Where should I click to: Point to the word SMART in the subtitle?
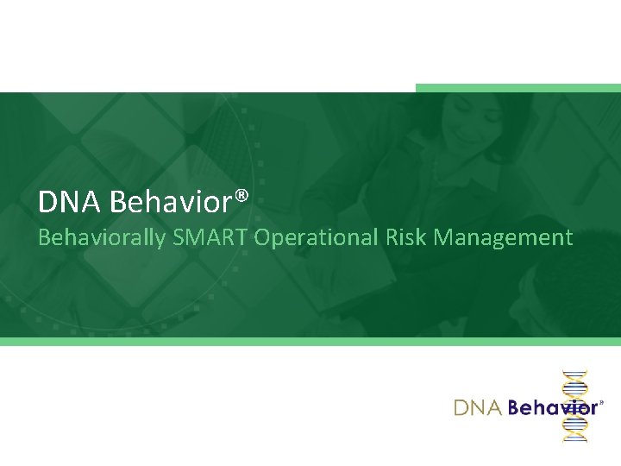pyautogui.click(x=210, y=237)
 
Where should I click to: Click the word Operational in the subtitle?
pyautogui.click(x=315, y=238)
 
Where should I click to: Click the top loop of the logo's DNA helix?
pyautogui.click(x=574, y=380)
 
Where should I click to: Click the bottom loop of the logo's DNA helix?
pyautogui.click(x=574, y=431)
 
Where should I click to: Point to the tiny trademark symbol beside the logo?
pyautogui.click(x=601, y=402)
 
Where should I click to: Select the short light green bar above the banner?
pyautogui.click(x=517, y=88)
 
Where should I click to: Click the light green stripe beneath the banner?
pyautogui.click(x=310, y=342)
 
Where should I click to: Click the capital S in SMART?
pyautogui.click(x=179, y=237)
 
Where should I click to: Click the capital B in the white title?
pyautogui.click(x=119, y=202)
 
